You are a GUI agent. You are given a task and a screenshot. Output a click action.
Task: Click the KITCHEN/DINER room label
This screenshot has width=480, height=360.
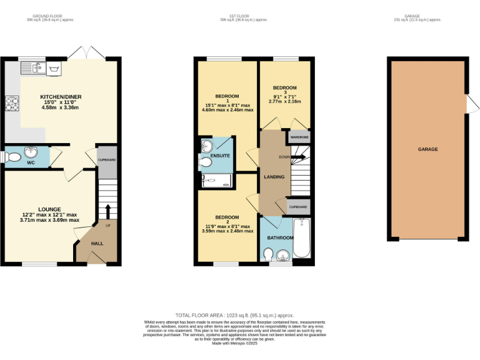click(61, 97)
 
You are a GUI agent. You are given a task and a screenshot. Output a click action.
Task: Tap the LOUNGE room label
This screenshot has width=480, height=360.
click(49, 209)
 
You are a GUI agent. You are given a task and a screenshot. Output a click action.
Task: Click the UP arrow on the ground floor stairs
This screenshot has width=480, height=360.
click(107, 211)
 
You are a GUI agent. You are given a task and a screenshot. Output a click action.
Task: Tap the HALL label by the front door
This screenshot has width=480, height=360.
click(97, 243)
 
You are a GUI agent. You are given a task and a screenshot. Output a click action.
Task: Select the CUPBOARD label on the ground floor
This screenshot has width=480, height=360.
click(107, 160)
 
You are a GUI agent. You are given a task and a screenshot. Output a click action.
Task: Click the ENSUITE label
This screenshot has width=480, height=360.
click(220, 155)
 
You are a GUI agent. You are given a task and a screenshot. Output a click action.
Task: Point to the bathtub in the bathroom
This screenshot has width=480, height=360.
click(301, 238)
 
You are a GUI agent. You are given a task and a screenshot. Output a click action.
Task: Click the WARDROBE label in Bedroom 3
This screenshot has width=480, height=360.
click(299, 137)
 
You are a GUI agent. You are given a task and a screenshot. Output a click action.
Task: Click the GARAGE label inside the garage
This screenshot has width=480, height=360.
click(427, 149)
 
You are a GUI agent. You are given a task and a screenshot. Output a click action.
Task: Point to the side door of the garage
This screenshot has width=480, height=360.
click(468, 104)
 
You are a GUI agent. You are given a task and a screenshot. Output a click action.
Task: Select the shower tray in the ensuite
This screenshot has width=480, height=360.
click(217, 181)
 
